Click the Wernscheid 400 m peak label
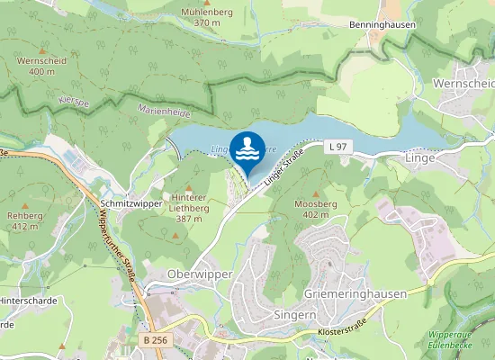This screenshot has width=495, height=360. [41, 65]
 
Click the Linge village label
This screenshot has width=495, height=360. [420, 157]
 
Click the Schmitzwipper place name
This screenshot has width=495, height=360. [130, 204]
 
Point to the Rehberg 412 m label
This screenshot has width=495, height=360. [24, 220]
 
